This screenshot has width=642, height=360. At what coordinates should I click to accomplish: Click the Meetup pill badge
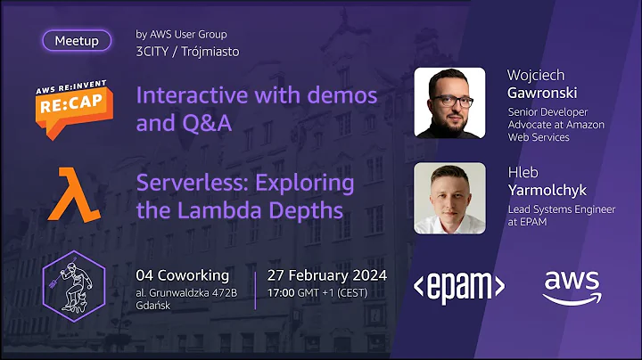[77, 40]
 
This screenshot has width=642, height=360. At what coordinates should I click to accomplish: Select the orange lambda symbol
[73, 192]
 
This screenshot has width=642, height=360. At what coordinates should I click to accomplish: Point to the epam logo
[459, 284]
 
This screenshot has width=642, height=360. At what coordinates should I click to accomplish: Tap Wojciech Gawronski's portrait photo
[450, 102]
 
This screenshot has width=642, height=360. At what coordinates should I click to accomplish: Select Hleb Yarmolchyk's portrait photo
[450, 197]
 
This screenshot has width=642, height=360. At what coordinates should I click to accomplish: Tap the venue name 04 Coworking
[182, 274]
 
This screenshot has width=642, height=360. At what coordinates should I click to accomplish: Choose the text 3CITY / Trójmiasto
[187, 51]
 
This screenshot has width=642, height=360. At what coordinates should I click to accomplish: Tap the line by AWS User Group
[181, 35]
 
